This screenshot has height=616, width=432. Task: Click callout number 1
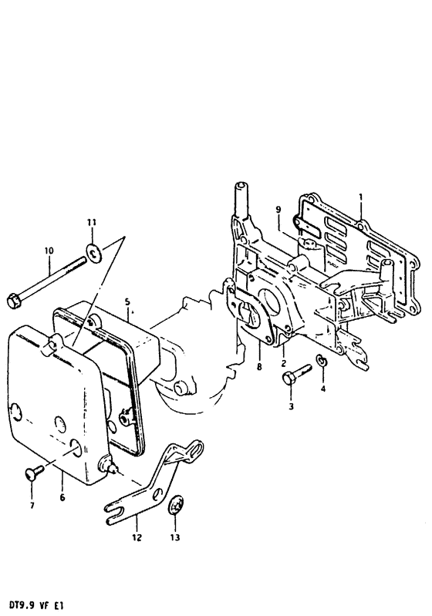(x=361, y=197)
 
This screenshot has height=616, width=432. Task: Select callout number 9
(x=278, y=210)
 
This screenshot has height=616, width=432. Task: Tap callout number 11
(x=92, y=223)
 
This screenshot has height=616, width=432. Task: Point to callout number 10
(x=49, y=251)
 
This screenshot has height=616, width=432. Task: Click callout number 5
(x=127, y=301)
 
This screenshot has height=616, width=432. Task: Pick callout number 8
(x=258, y=367)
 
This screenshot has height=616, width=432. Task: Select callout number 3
(x=291, y=406)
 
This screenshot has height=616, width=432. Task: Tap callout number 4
(x=323, y=389)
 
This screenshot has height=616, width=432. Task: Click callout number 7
(x=32, y=505)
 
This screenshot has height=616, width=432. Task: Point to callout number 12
(x=137, y=537)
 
